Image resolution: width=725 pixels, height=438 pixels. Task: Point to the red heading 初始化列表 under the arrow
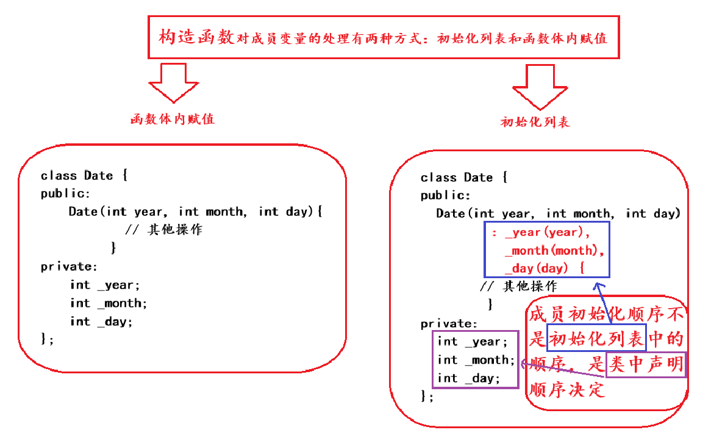535,122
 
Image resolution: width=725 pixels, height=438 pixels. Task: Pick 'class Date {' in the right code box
464,178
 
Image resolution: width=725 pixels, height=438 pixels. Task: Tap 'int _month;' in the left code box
109,303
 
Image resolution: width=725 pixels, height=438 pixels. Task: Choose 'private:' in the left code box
69,267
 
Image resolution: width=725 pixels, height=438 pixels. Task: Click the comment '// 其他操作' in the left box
163,230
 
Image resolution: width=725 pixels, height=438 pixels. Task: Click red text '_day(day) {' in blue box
545,268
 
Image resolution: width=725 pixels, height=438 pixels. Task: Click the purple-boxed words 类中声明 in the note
646,365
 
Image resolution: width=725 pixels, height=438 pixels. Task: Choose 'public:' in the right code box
446,196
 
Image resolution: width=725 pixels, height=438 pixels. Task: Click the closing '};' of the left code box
47,339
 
